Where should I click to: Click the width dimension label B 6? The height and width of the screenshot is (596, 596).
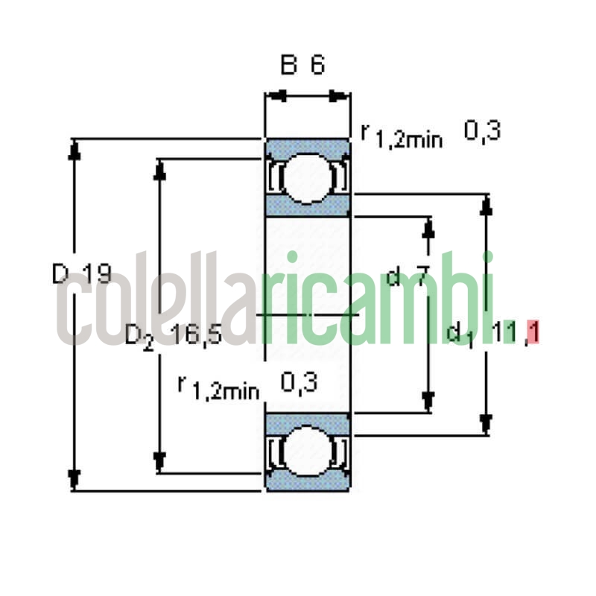[302, 66]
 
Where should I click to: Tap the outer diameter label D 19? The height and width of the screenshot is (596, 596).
[82, 275]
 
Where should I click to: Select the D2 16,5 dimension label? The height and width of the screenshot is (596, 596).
[173, 336]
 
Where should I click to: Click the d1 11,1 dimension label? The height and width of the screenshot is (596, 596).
[492, 333]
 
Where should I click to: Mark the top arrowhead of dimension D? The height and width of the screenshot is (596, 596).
[73, 149]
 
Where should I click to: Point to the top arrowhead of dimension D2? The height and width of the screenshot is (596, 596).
[158, 170]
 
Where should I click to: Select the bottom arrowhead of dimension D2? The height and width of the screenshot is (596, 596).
[158, 463]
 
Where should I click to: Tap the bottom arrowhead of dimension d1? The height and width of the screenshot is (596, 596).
[486, 423]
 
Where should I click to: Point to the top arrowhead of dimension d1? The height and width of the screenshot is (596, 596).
[486, 206]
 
